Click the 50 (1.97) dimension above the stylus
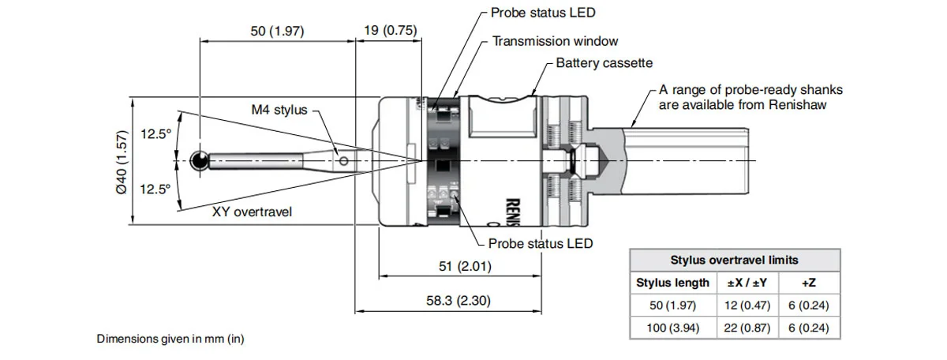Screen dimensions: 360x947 point(277,31)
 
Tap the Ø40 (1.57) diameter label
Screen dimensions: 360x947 point(121,162)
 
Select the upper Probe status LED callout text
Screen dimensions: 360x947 point(543,13)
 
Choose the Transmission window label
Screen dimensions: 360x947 point(556,41)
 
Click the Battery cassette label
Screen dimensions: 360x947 point(605,63)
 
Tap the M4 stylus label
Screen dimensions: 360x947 point(279,110)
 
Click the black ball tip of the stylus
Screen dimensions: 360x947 point(200,161)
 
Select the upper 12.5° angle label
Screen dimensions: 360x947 point(155,134)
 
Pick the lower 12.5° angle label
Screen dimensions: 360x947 point(155,189)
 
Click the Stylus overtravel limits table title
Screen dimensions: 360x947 point(734,260)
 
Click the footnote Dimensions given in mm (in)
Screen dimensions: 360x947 point(170,339)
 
